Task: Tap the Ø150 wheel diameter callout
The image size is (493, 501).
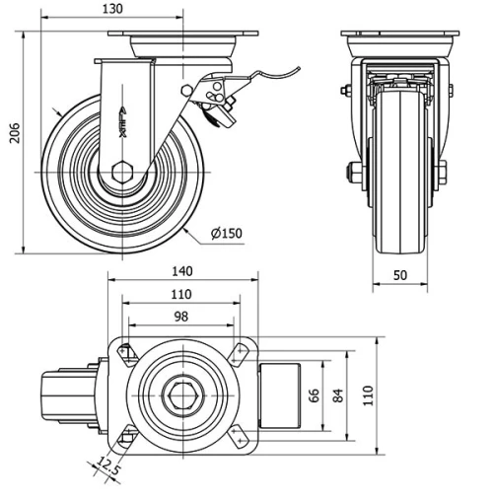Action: point(226,234)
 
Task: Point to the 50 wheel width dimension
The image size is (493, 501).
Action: point(399,276)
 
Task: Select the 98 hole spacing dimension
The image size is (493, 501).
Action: point(180,317)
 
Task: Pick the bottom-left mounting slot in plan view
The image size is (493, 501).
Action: point(127,438)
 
